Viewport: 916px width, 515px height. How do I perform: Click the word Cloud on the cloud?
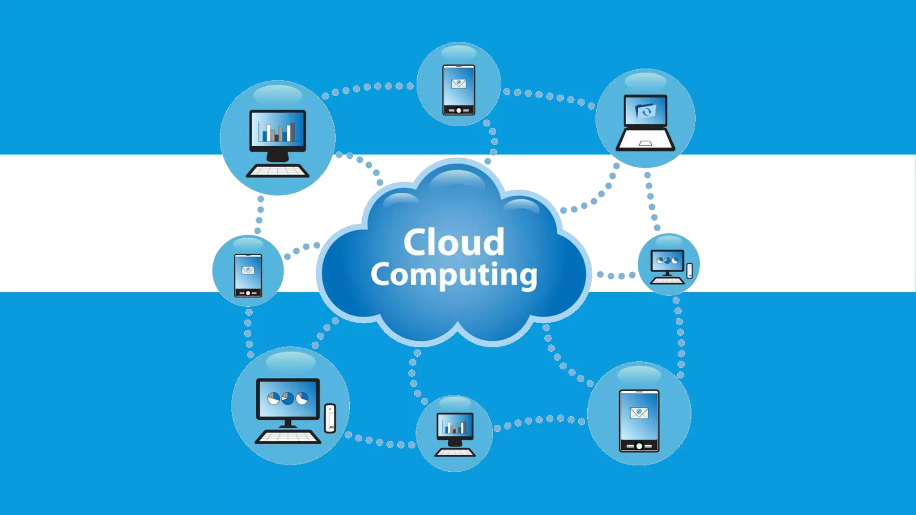tap(454, 242)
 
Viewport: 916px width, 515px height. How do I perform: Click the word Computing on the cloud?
tap(454, 274)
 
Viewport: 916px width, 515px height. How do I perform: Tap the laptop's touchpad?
tap(645, 143)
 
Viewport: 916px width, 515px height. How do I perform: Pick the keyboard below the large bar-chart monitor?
tap(277, 171)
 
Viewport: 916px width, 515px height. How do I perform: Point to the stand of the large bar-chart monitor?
tap(277, 155)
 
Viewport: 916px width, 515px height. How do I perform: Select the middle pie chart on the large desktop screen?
tap(288, 398)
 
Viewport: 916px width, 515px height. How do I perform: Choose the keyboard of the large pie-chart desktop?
tap(288, 437)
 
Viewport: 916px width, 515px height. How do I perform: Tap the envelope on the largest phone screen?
tap(639, 413)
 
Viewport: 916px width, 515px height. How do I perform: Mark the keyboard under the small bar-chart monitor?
tap(455, 452)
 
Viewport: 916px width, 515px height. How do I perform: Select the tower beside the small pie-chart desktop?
tap(690, 270)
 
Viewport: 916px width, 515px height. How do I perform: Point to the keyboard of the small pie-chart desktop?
tap(667, 281)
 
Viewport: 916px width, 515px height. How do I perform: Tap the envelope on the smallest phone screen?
tap(248, 270)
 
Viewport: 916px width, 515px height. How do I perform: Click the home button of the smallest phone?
tap(248, 293)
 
